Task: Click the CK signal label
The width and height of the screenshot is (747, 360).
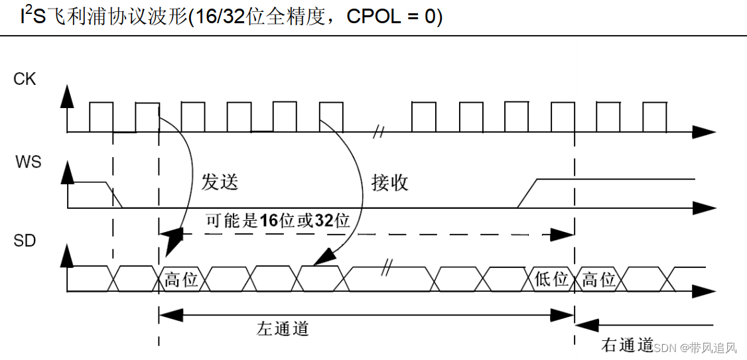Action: coord(25,80)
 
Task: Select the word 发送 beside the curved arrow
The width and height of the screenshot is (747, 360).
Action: coord(219,181)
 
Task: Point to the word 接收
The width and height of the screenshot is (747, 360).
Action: coord(390,182)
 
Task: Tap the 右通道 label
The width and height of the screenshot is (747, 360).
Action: coord(627,345)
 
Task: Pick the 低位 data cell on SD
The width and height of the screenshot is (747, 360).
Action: coord(551,279)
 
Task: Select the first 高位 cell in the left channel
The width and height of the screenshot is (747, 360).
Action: coord(181,280)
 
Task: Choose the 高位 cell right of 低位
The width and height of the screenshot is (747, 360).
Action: coord(598,279)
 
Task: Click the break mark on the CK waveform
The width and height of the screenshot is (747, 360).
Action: coord(378,131)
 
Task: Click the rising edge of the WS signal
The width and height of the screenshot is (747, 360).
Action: coord(527,194)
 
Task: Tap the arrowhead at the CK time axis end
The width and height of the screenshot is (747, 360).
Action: coord(703,132)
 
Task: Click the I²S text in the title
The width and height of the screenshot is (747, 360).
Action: coord(33,15)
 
